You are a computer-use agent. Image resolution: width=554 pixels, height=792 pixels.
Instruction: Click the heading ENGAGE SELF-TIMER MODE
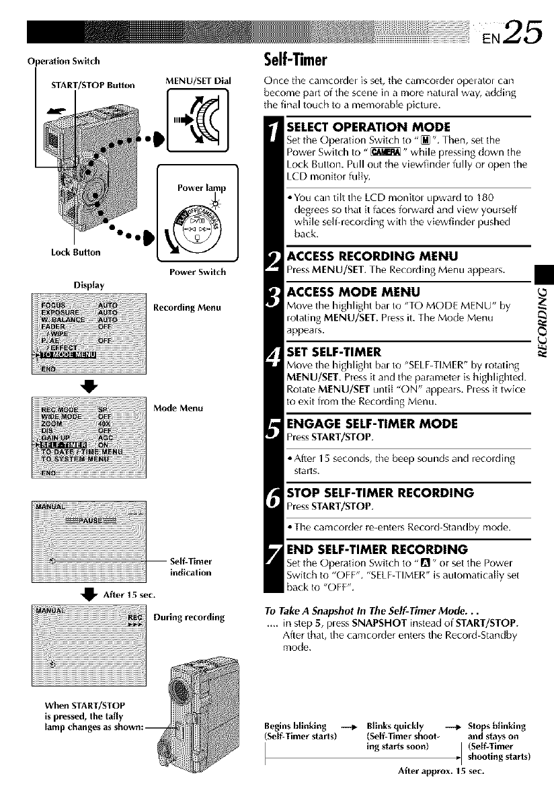(x=372, y=424)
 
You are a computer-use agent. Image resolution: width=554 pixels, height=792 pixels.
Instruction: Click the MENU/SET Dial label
(x=188, y=81)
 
